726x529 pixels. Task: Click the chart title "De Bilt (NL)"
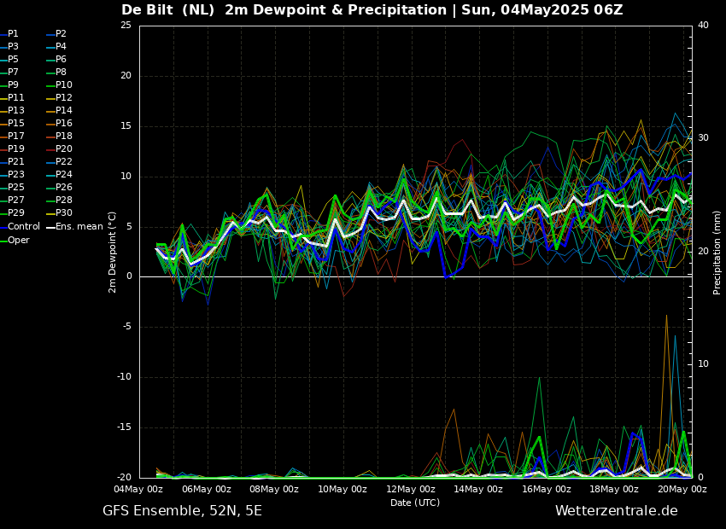click(x=169, y=10)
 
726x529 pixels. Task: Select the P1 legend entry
click(x=13, y=34)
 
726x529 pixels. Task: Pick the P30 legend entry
click(x=64, y=213)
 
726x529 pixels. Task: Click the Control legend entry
click(x=23, y=227)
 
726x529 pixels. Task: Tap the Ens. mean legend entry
click(x=79, y=227)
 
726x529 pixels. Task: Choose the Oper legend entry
click(x=19, y=241)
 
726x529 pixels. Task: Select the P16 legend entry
click(x=64, y=124)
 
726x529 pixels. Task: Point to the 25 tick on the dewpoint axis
click(x=126, y=26)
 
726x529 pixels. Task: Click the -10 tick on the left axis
click(x=125, y=377)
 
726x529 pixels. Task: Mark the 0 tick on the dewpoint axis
click(x=129, y=276)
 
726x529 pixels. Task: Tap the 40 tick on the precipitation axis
click(x=703, y=26)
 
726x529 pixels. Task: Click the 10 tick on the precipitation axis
click(x=703, y=364)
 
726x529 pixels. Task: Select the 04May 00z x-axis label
click(x=138, y=490)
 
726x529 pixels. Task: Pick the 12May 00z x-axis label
click(x=410, y=490)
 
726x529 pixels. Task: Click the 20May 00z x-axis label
click(x=682, y=490)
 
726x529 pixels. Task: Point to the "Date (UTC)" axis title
click(x=415, y=503)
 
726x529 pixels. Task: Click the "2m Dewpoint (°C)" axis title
click(x=113, y=252)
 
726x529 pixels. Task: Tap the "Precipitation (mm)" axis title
click(x=717, y=252)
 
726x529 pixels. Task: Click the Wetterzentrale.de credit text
click(x=616, y=511)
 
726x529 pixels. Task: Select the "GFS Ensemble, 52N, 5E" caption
click(x=182, y=511)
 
